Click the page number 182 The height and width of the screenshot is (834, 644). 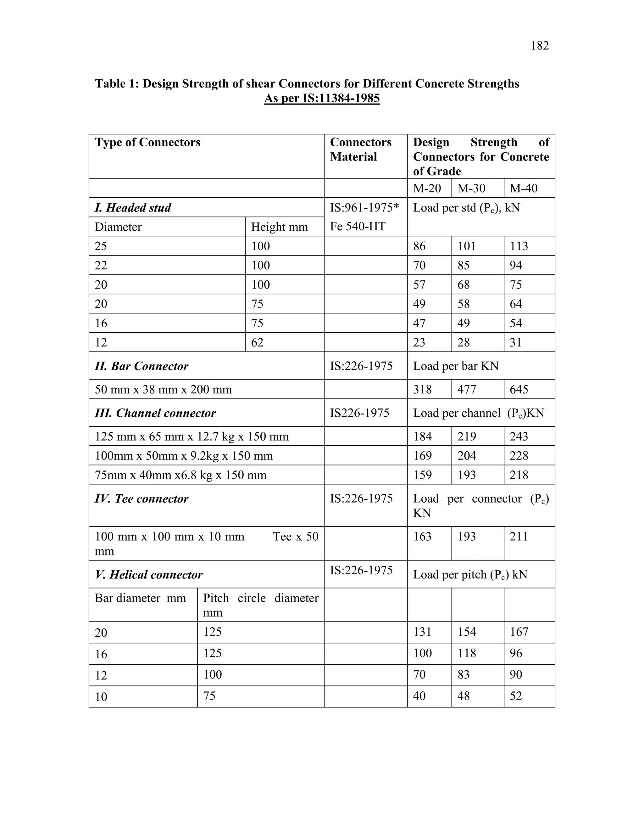tap(540, 46)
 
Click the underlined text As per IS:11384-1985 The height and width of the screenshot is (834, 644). tap(322, 99)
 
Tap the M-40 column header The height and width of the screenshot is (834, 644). tap(524, 188)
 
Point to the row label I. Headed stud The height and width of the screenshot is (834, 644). tap(133, 208)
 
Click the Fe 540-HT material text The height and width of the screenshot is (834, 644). tap(358, 227)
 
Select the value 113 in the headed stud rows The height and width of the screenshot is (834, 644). tap(519, 246)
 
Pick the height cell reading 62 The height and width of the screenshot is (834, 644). tap(257, 342)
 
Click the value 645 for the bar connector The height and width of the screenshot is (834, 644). tap(519, 390)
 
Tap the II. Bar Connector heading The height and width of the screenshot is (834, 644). tap(142, 366)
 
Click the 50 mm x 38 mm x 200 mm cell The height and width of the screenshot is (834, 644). tap(163, 390)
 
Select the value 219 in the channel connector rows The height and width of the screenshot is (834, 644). tap(467, 437)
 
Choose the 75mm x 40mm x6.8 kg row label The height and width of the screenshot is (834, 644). tap(180, 475)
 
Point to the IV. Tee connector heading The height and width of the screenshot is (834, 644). tap(142, 499)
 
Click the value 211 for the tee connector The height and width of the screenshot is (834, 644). tap(519, 537)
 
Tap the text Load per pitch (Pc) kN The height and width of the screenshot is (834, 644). tap(470, 575)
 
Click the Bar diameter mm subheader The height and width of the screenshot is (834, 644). tap(140, 598)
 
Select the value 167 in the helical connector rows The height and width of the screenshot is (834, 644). tap(519, 632)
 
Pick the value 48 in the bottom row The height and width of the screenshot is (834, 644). tap(464, 696)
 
